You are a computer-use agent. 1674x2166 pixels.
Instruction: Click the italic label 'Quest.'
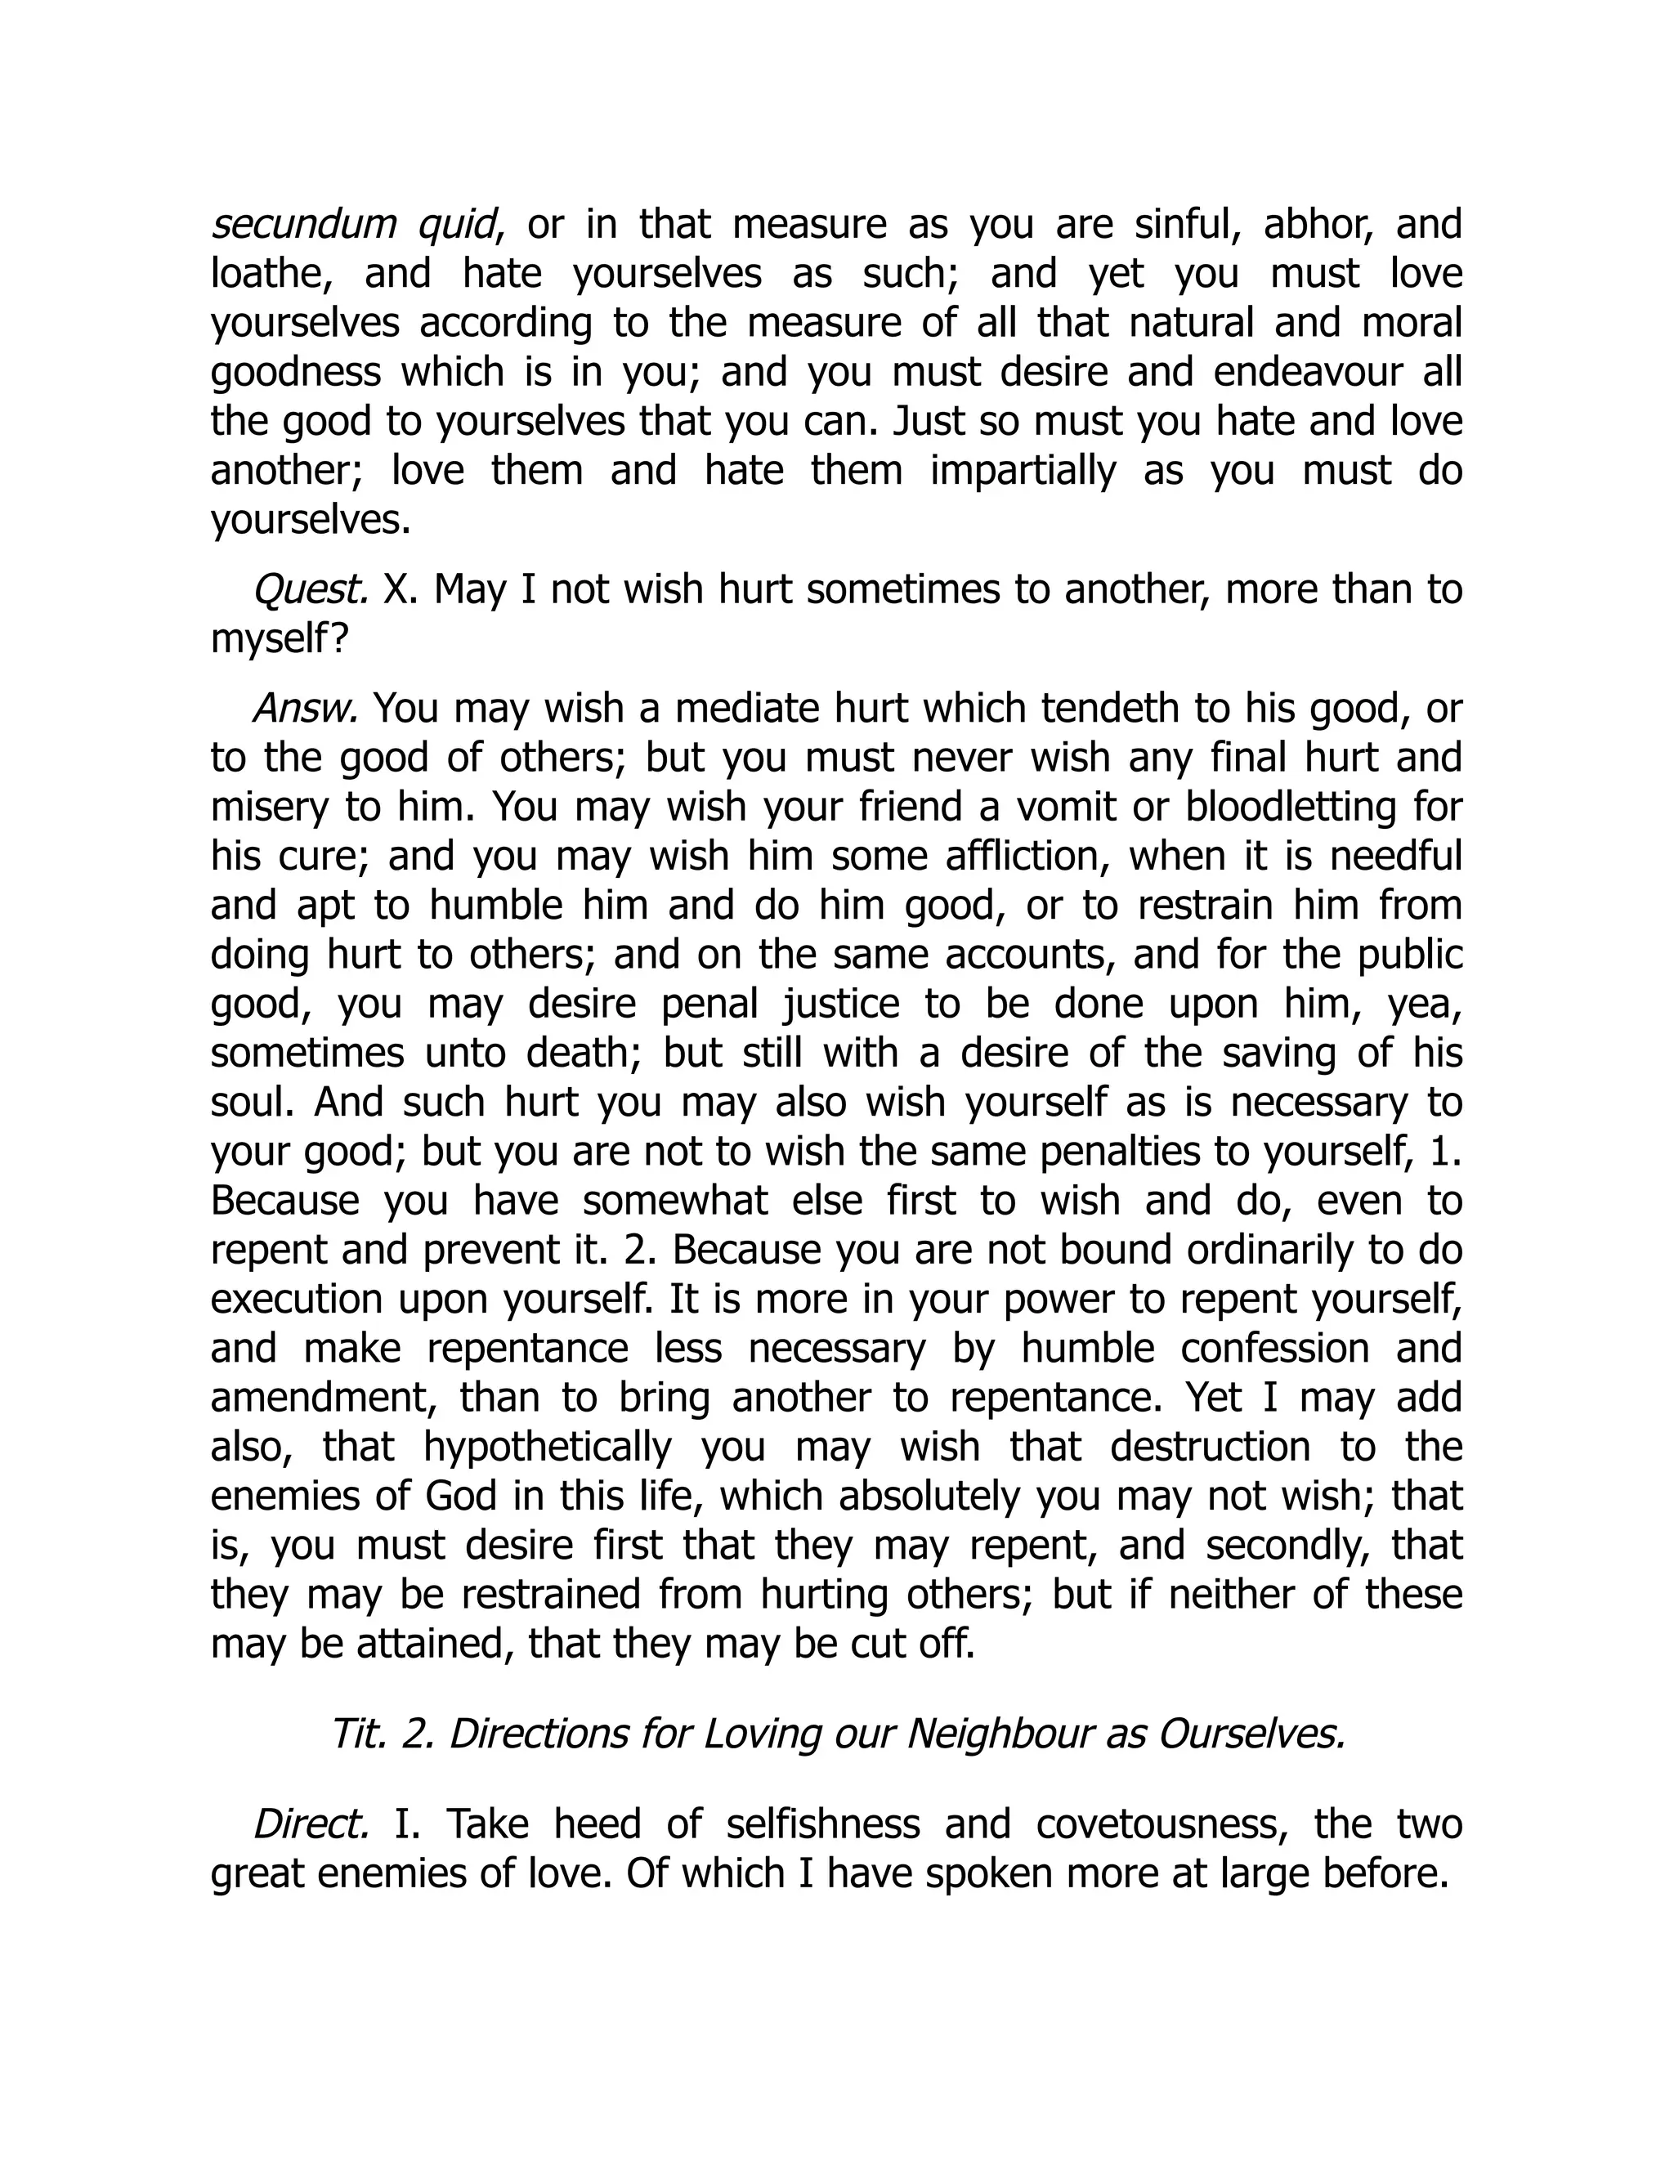coord(311,590)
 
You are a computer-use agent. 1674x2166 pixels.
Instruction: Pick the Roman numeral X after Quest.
coord(396,590)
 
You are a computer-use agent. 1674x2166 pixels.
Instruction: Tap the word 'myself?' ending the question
coord(280,640)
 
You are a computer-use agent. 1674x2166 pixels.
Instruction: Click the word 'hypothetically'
coord(548,1447)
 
